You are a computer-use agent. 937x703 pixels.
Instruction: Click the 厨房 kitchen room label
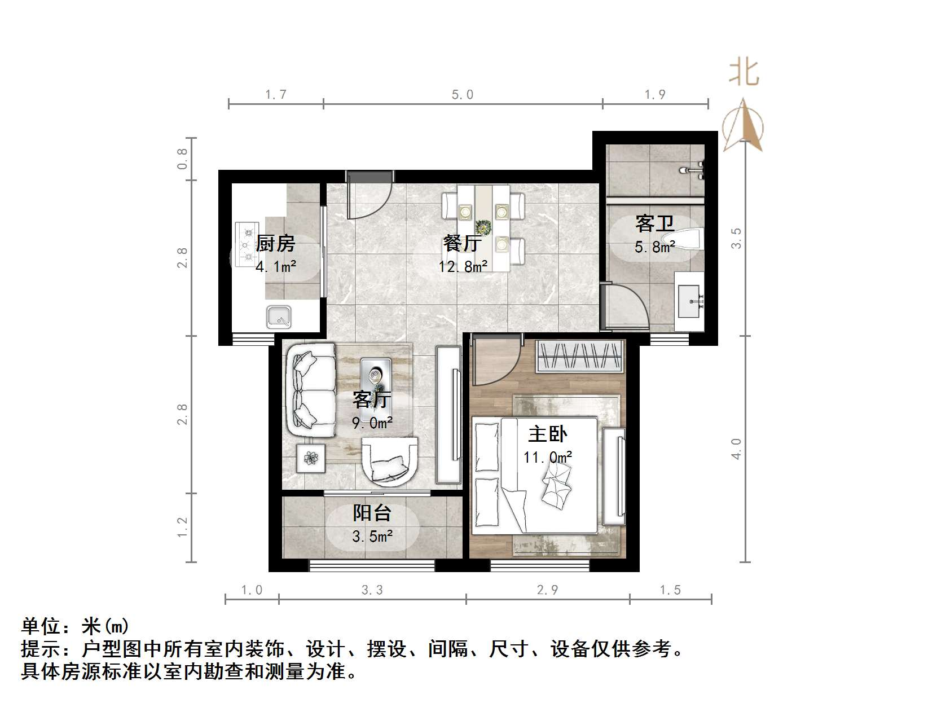tap(275, 244)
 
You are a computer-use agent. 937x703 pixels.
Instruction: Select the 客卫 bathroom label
tap(654, 223)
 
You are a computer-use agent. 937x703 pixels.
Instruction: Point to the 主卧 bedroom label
tap(547, 434)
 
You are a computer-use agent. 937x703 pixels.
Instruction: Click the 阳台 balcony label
tap(372, 513)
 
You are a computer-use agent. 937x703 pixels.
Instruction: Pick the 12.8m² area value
tap(463, 266)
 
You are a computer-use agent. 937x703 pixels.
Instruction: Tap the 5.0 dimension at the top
tap(463, 95)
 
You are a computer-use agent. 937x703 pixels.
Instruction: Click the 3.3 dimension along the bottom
tap(372, 590)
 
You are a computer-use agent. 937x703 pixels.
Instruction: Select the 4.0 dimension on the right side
tap(737, 449)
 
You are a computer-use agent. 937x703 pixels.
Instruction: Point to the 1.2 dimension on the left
tap(182, 528)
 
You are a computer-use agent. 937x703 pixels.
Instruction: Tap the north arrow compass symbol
tap(743, 125)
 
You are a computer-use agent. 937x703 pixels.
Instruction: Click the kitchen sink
tap(279, 317)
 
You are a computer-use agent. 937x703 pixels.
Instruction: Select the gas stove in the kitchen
tap(247, 244)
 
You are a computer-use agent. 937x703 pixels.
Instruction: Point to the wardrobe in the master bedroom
tap(580, 357)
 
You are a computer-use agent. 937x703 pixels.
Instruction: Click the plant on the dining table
tap(483, 227)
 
